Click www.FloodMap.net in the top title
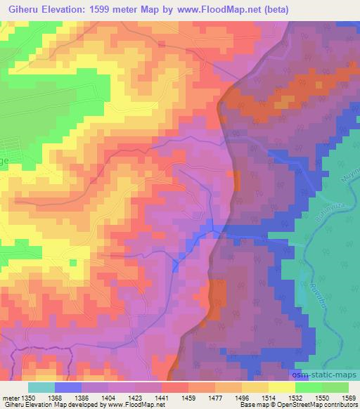pos(218,8)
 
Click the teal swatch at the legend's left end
pos(41,387)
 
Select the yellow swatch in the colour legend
pos(282,387)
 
